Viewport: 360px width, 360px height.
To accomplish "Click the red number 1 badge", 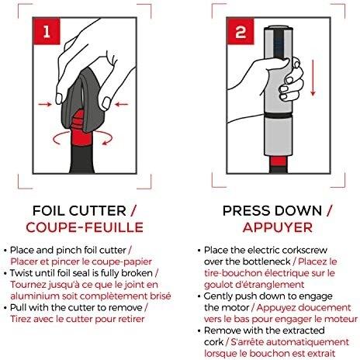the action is coord(47,31).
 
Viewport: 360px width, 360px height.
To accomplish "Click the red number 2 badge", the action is coord(241,31).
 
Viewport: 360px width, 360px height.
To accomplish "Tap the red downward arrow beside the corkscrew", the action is coord(313,78).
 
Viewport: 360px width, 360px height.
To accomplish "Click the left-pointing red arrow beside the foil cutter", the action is coord(122,105).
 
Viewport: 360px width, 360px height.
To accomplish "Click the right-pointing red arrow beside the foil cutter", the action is coord(45,105).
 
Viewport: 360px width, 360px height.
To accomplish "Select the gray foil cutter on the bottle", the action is coord(84,99).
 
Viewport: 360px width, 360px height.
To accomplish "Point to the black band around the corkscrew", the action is coord(279,115).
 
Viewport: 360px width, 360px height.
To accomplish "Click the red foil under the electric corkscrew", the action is coord(279,161).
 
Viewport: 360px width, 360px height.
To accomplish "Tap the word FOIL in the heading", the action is coord(49,211).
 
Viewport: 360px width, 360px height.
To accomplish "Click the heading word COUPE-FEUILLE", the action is coord(85,227).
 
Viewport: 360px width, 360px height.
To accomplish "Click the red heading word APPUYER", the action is coord(278,227).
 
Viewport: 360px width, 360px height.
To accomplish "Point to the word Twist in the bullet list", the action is coord(21,273).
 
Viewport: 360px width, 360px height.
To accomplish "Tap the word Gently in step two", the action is coord(218,296).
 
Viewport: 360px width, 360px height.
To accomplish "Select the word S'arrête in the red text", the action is coord(247,342).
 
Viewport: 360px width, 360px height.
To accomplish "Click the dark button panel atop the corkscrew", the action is coord(279,44).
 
